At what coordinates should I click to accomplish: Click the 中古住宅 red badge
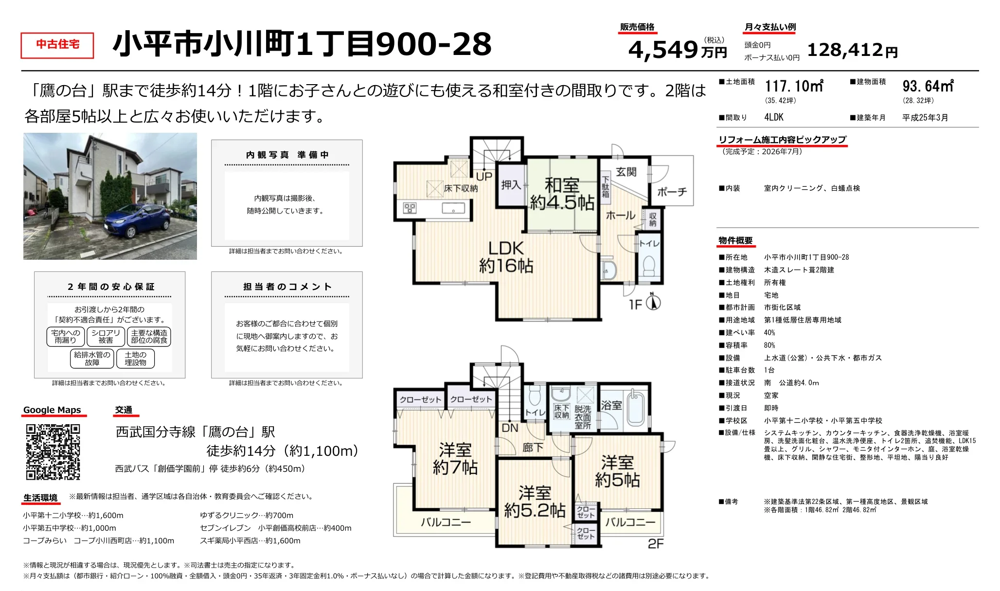pos(57,45)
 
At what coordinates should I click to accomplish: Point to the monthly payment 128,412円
pos(852,50)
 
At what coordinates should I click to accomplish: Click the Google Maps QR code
pos(53,452)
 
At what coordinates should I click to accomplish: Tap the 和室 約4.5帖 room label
pos(562,194)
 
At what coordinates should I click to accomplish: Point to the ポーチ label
pos(672,192)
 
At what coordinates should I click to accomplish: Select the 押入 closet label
pos(511,185)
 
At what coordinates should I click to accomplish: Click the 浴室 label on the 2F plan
pos(611,405)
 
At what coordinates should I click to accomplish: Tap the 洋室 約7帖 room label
pos(455,458)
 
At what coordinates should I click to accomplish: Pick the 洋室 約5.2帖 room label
pos(535,501)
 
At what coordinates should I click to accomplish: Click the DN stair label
pos(510,428)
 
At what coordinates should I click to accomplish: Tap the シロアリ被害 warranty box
pos(106,337)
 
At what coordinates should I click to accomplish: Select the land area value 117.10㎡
pos(794,86)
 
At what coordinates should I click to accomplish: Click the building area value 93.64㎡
pos(928,86)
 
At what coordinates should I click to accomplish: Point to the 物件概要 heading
pos(735,241)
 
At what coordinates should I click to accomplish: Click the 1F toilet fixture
pos(649,266)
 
